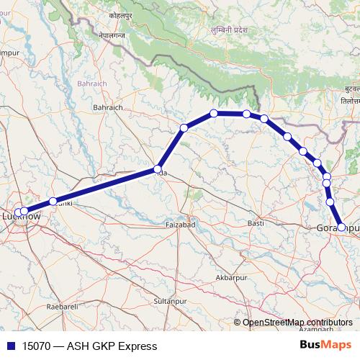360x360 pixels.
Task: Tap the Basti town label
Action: [256, 223]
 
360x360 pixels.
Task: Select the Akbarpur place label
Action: [231, 277]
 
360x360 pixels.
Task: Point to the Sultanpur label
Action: [171, 300]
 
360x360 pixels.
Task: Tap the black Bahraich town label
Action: [109, 107]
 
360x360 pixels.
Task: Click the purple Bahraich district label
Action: [91, 84]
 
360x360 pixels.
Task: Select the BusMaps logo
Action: [326, 346]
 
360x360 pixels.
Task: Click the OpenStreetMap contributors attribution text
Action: [297, 323]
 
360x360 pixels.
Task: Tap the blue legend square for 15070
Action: [10, 346]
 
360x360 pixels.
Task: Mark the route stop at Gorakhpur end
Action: [341, 226]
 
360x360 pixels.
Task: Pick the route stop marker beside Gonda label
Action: [157, 170]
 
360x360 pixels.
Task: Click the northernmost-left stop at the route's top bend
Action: [214, 113]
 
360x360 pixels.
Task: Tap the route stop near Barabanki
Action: [53, 202]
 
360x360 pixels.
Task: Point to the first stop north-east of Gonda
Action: [184, 128]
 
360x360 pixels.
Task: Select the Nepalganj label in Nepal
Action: [113, 34]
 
